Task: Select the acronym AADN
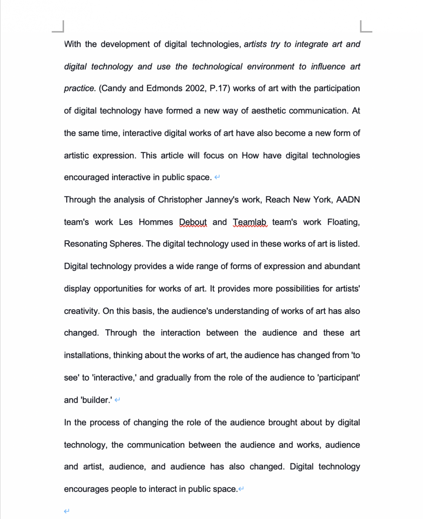pyautogui.click(x=348, y=200)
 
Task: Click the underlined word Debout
pyautogui.click(x=193, y=222)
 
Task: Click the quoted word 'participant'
pyautogui.click(x=339, y=378)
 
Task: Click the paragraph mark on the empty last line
pyautogui.click(x=66, y=512)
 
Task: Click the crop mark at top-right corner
pyautogui.click(x=365, y=27)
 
